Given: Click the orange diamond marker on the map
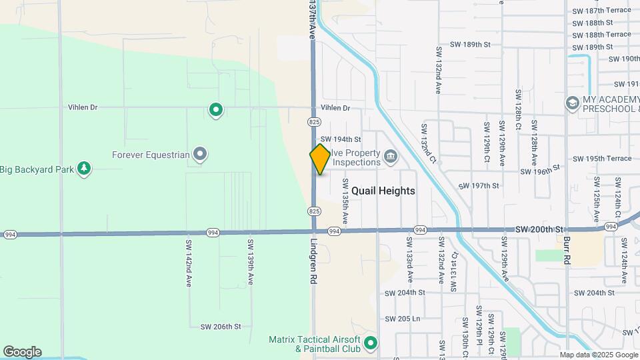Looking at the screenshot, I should [320, 159].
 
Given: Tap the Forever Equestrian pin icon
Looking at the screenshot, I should [200, 155].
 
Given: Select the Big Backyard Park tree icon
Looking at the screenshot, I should [83, 169].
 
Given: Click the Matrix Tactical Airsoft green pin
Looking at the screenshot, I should [371, 344].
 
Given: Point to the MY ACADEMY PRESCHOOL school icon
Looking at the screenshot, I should [572, 103].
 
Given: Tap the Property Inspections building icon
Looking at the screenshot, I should [391, 157].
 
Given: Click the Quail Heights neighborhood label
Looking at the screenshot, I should [383, 191].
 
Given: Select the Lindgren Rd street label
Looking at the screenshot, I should [312, 262].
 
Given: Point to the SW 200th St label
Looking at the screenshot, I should [539, 229].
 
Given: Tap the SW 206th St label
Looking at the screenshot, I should [220, 327].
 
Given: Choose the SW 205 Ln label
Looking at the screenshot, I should [402, 319].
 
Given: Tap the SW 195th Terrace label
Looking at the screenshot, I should [601, 159].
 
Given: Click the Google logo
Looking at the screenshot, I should [22, 352].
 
